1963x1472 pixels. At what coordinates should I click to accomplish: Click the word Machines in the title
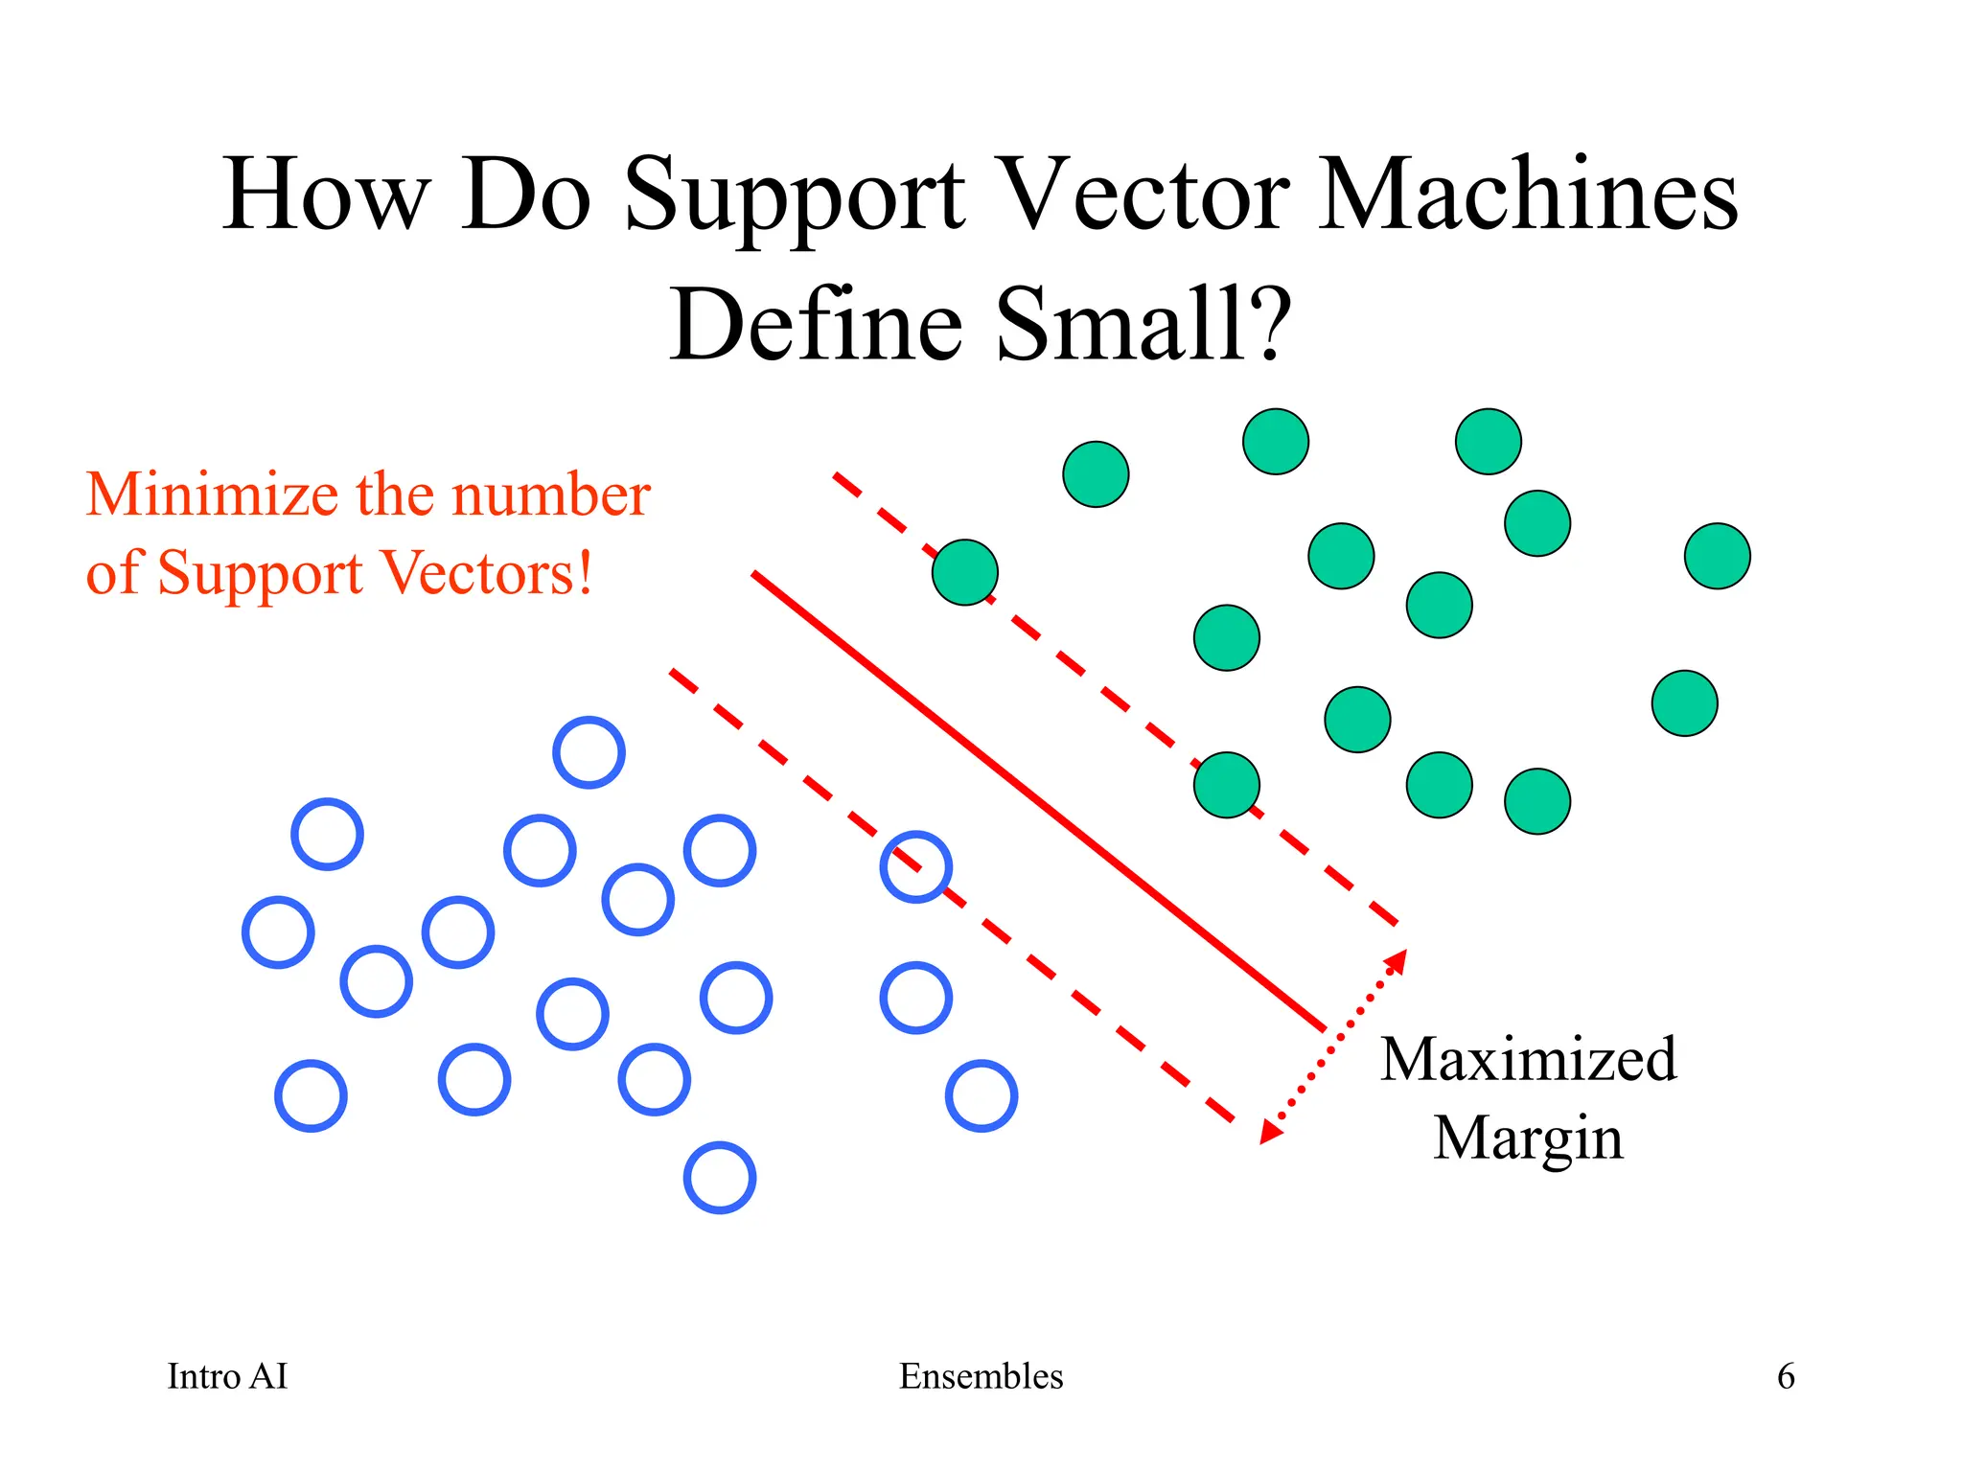pyautogui.click(x=1528, y=196)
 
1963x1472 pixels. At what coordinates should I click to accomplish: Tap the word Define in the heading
pyautogui.click(x=815, y=326)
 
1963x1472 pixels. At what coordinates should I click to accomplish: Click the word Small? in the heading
pyautogui.click(x=1144, y=326)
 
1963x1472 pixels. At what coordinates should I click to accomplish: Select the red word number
pyautogui.click(x=551, y=495)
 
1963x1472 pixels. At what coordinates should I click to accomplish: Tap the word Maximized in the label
pyautogui.click(x=1528, y=1060)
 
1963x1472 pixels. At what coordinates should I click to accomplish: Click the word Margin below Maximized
pyautogui.click(x=1528, y=1138)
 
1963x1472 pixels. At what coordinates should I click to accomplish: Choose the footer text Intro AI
pyautogui.click(x=227, y=1376)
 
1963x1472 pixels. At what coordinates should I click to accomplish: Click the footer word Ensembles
pyautogui.click(x=981, y=1376)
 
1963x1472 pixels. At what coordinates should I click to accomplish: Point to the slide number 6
pyautogui.click(x=1786, y=1376)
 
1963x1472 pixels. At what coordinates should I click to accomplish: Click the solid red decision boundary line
pyautogui.click(x=1039, y=802)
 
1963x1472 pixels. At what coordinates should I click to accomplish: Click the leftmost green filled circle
pyautogui.click(x=965, y=572)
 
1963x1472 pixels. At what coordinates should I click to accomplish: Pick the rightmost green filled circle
pyautogui.click(x=1717, y=556)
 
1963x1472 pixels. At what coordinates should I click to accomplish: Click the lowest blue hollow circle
pyautogui.click(x=720, y=1178)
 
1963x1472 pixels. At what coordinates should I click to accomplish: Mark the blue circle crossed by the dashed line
pyautogui.click(x=915, y=867)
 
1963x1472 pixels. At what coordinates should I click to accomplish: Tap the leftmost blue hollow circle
pyautogui.click(x=278, y=932)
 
